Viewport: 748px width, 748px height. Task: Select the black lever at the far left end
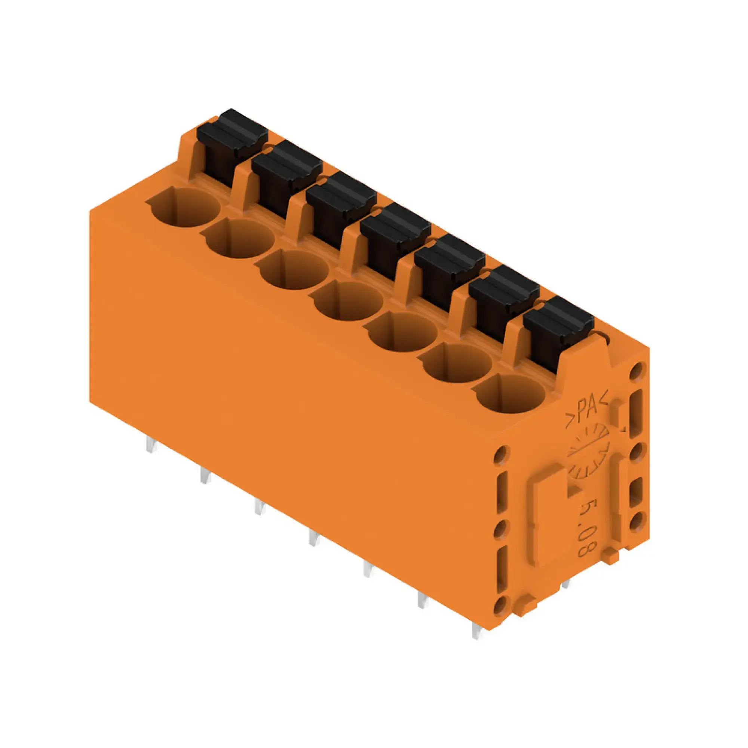pos(232,134)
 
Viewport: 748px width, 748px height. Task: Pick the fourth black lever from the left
pos(395,229)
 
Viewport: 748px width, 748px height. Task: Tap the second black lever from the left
pos(286,165)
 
